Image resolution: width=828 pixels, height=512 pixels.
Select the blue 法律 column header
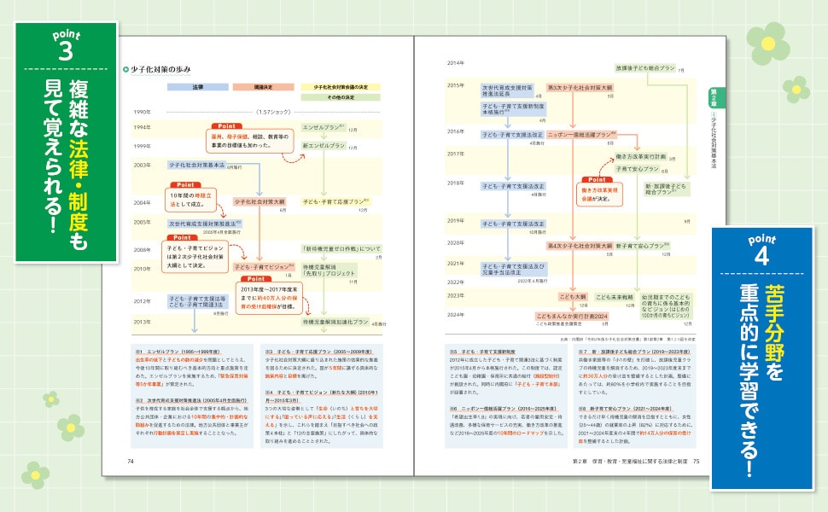pyautogui.click(x=198, y=87)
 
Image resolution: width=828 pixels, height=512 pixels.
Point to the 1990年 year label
pyautogui.click(x=143, y=112)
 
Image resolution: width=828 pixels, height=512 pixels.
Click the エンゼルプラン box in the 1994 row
pyautogui.click(x=323, y=127)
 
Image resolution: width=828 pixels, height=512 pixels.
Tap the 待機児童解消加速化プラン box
pyautogui.click(x=335, y=323)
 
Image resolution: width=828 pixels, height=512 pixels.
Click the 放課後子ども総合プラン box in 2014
pyautogui.click(x=642, y=67)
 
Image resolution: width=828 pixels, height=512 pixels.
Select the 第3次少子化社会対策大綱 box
pyautogui.click(x=580, y=86)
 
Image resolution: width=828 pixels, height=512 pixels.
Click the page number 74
pyautogui.click(x=131, y=462)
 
